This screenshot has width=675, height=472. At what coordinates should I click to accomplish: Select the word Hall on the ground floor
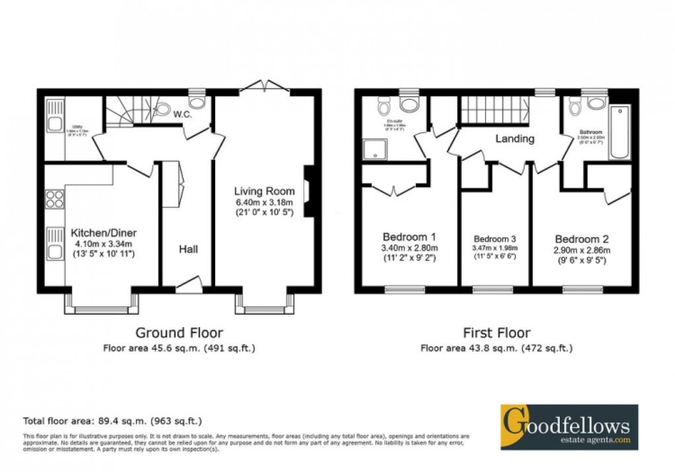pyautogui.click(x=187, y=249)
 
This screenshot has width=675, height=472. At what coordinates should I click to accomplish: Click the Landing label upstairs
pyautogui.click(x=515, y=139)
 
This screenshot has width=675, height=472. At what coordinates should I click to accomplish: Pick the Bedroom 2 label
pyautogui.click(x=582, y=239)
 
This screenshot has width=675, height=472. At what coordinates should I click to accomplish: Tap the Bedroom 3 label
pyautogui.click(x=494, y=239)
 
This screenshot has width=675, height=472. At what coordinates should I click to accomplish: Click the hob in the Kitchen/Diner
pyautogui.click(x=54, y=199)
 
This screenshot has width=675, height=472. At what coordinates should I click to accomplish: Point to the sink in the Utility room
pyautogui.click(x=54, y=116)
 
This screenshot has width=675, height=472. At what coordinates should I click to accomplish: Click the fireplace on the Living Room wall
pyautogui.click(x=307, y=191)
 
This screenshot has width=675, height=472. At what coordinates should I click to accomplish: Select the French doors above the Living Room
pyautogui.click(x=264, y=87)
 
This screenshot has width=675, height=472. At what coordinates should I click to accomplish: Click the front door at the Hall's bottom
pyautogui.click(x=188, y=286)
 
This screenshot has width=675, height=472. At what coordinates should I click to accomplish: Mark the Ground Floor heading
pyautogui.click(x=179, y=333)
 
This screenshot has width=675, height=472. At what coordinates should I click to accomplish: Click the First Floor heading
pyautogui.click(x=496, y=333)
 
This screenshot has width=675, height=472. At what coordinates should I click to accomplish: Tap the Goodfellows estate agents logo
pyautogui.click(x=569, y=426)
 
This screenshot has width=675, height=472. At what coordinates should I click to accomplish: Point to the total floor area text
pyautogui.click(x=112, y=420)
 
